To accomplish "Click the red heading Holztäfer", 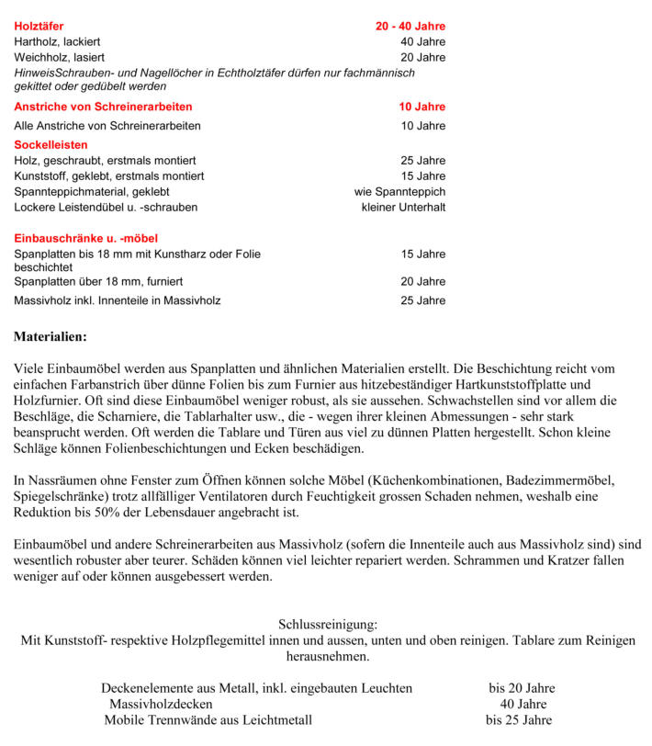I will (x=39, y=27).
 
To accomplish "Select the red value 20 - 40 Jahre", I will (x=410, y=27).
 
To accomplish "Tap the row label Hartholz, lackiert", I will (x=57, y=42).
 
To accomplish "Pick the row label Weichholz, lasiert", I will (x=58, y=58).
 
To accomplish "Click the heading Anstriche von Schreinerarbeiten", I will (x=103, y=107).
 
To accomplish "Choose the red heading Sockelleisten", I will (x=51, y=144).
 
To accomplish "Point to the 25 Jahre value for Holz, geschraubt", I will (x=422, y=161).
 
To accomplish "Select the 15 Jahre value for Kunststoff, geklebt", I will (x=422, y=175).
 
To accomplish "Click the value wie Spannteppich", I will (x=399, y=191).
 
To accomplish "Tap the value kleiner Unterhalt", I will (x=403, y=207).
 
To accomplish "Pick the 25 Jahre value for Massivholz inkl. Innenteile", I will (x=422, y=300).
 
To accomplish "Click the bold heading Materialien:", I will (x=50, y=337).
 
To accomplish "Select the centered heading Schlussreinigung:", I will (x=327, y=625).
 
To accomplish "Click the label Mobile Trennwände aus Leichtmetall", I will (x=208, y=719).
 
